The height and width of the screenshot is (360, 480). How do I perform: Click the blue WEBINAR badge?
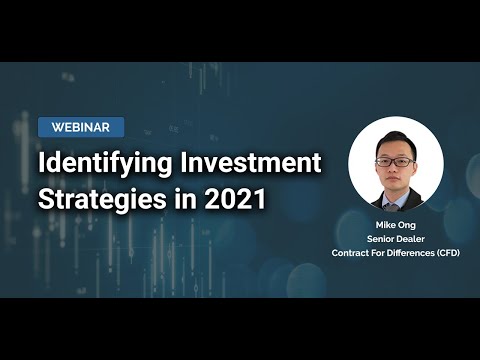coord(81,127)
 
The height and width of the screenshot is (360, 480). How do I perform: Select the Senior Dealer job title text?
coord(395,239)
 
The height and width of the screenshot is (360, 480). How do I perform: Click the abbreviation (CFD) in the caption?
coord(445,253)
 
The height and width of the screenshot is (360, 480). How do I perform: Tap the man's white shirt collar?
coord(396,197)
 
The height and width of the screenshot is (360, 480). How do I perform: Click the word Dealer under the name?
coord(411,239)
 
